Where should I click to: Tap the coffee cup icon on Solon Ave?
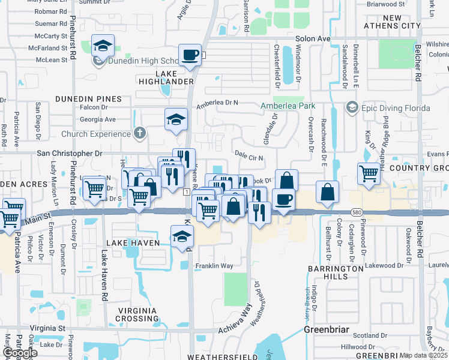(190, 55)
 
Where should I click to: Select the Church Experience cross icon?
(140, 133)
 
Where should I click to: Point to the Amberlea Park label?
(288, 106)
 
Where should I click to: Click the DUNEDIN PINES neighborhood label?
(88, 98)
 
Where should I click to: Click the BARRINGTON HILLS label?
(336, 272)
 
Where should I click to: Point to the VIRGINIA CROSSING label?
(137, 315)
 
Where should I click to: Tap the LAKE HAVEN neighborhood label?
(133, 242)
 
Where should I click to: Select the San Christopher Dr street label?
(70, 154)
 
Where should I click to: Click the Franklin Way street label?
(214, 265)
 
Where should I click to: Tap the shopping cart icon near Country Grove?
(369, 174)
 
